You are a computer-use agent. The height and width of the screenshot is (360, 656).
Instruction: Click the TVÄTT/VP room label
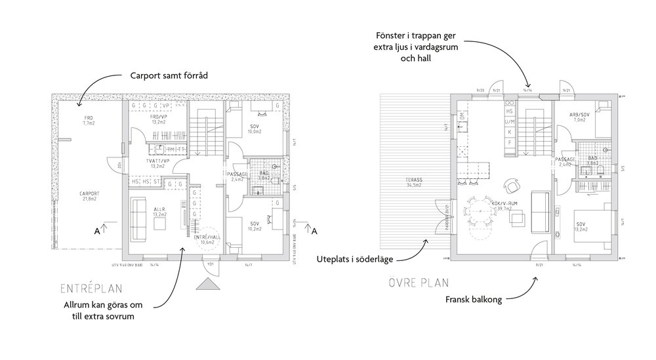pyautogui.click(x=157, y=163)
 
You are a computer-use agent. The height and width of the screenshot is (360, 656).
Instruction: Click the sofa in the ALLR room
pyautogui.click(x=140, y=218)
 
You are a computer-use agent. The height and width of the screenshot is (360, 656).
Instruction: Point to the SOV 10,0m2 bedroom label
pyautogui.click(x=255, y=128)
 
